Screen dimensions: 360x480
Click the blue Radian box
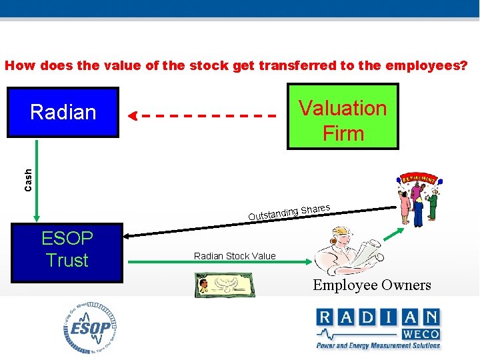(x=63, y=112)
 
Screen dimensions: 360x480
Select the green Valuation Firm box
(x=343, y=116)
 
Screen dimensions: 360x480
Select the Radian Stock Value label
(x=235, y=256)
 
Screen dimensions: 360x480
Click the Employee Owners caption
(x=373, y=285)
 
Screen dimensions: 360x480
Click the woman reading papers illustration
(x=347, y=253)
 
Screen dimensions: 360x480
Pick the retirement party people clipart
(x=417, y=197)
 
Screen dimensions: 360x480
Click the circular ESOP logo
(x=91, y=328)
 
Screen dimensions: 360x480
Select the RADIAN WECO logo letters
(x=377, y=317)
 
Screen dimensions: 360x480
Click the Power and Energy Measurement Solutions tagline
(x=378, y=345)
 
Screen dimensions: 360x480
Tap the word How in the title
(x=20, y=66)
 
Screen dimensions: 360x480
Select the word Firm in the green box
(x=343, y=133)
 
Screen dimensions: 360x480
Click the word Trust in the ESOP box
(x=67, y=261)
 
